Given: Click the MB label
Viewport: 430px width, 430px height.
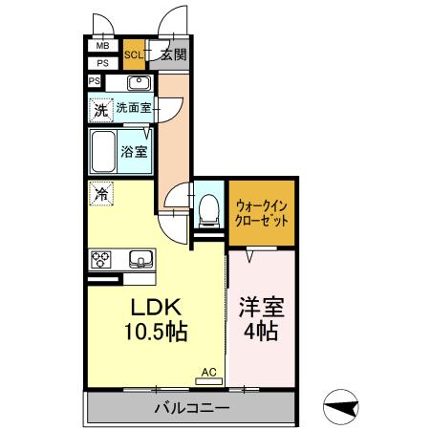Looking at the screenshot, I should pyautogui.click(x=102, y=44).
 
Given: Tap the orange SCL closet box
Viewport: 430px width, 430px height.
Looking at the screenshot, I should pyautogui.click(x=135, y=55).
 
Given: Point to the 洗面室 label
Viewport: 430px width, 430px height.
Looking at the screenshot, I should pyautogui.click(x=133, y=108).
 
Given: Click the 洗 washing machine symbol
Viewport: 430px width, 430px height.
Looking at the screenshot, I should pyautogui.click(x=100, y=109).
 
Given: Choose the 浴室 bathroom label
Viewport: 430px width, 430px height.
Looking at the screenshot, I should pyautogui.click(x=133, y=149).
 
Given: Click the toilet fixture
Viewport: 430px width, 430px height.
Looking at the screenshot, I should pyautogui.click(x=207, y=207).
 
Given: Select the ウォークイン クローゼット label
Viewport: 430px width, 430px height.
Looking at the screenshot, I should pyautogui.click(x=261, y=210).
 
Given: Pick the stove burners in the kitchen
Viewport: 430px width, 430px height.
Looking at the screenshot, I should pyautogui.click(x=101, y=258).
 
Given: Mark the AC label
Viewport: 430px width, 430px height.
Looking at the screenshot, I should pyautogui.click(x=207, y=373).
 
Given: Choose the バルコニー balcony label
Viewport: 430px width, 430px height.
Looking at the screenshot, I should pyautogui.click(x=191, y=409).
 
